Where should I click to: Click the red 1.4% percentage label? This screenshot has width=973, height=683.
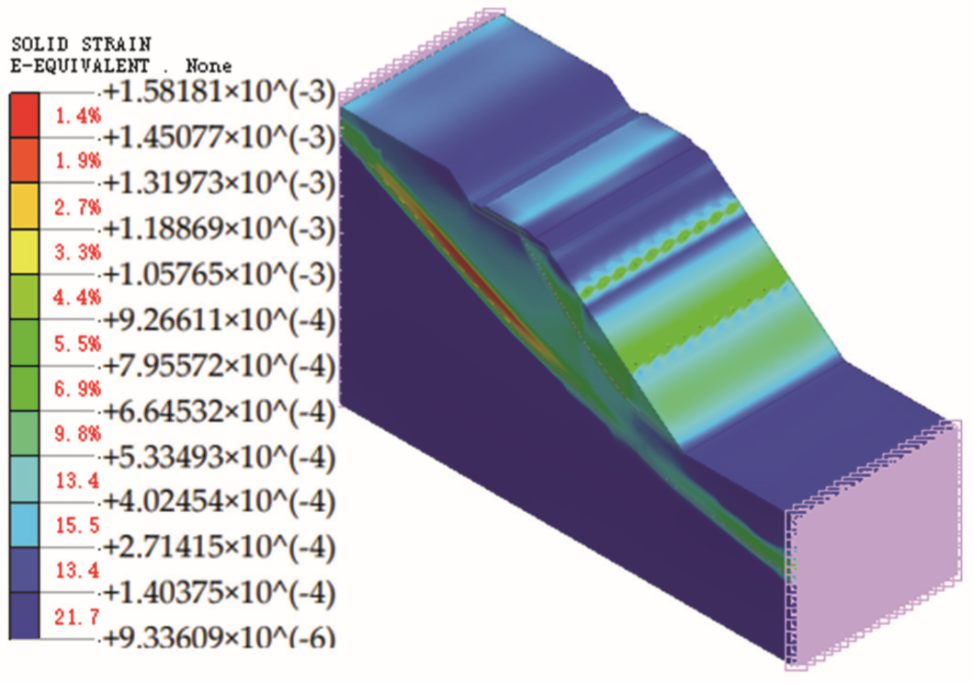(78, 116)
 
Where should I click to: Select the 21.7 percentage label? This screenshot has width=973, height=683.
(77, 617)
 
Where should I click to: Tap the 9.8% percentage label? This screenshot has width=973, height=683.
(78, 433)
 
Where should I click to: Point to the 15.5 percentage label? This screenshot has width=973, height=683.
(77, 526)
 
